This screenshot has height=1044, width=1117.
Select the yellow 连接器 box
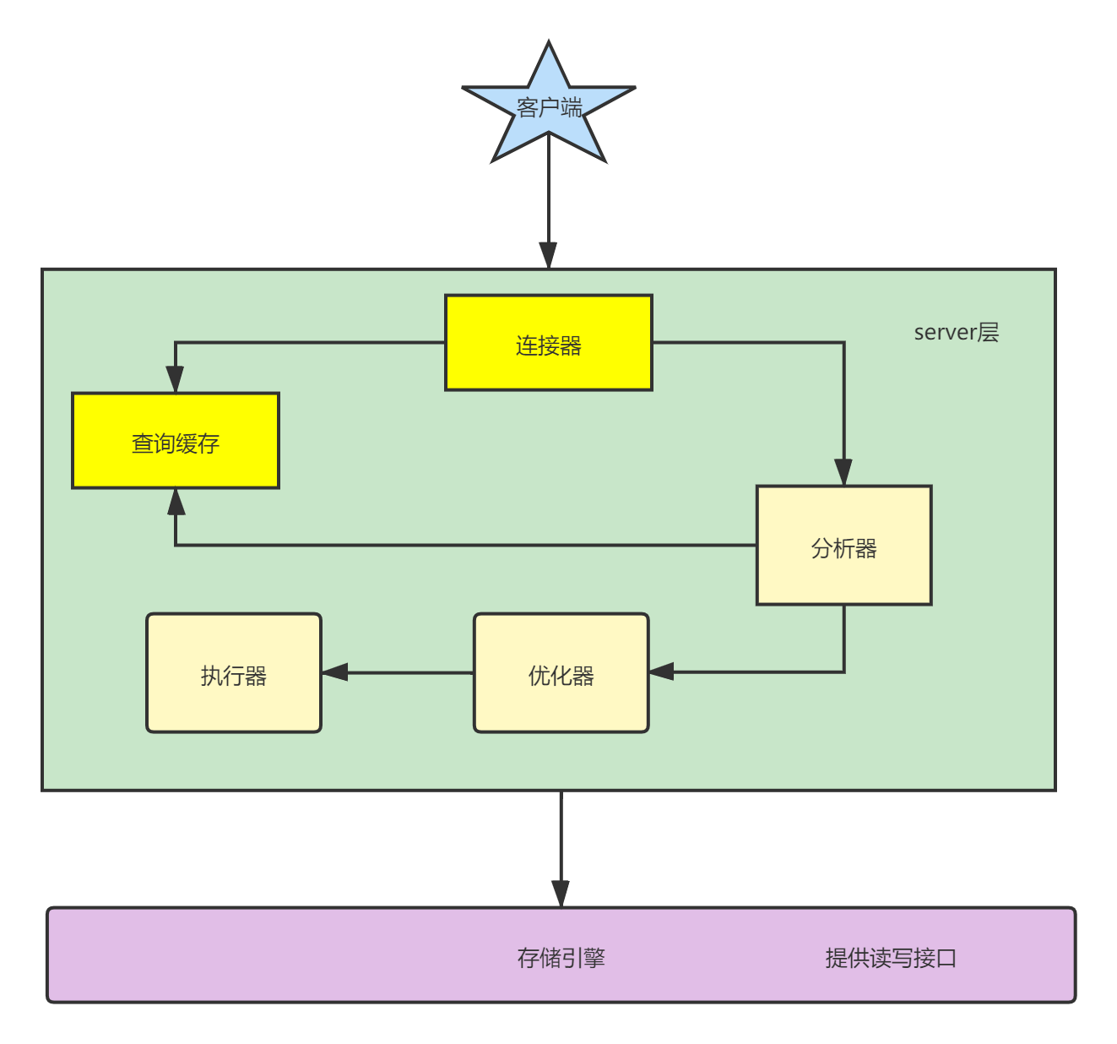coord(549,343)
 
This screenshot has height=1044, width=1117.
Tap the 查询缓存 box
coord(176,441)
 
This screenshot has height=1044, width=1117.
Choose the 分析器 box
coord(843,546)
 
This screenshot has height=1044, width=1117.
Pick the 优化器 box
coord(561,673)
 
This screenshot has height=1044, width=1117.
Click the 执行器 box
coord(234,673)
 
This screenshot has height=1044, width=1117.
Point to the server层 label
coord(956,332)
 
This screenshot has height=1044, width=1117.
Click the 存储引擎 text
coord(561,957)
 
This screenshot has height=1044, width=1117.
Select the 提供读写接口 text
coord(891,957)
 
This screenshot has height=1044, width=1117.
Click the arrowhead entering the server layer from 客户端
coord(548,255)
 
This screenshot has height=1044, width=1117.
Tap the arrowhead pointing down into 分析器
coord(843,472)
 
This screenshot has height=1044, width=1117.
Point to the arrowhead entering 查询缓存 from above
coord(175,379)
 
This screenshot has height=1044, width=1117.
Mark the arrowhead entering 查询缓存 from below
coord(176,502)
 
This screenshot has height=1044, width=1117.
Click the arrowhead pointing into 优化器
coord(662,672)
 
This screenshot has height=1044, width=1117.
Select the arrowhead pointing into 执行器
coord(335,672)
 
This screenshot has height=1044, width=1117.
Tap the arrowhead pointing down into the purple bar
coord(561,894)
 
